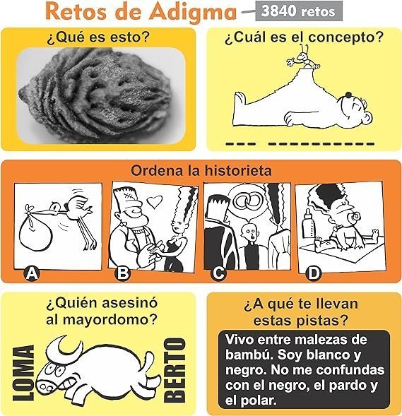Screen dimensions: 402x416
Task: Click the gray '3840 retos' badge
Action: pyautogui.click(x=299, y=11)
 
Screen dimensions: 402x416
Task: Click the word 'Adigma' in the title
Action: pyautogui.click(x=194, y=12)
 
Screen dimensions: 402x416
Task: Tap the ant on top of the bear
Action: pyautogui.click(x=303, y=58)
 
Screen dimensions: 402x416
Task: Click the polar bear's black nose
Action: pyautogui.click(x=348, y=95)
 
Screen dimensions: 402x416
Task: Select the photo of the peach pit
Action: pyautogui.click(x=101, y=96)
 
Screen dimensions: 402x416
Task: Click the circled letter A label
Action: pyautogui.click(x=31, y=274)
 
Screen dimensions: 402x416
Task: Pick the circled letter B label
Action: pyautogui.click(x=123, y=273)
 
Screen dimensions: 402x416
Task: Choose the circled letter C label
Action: pyautogui.click(x=218, y=273)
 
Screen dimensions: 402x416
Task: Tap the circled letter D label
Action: pyautogui.click(x=313, y=273)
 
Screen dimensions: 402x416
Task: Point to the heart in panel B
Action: pyautogui.click(x=155, y=201)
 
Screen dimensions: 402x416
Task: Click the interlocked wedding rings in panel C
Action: pyautogui.click(x=247, y=201)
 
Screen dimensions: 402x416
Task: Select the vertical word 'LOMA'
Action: pyautogui.click(x=23, y=373)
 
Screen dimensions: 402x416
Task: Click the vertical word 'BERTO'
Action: pyautogui.click(x=175, y=370)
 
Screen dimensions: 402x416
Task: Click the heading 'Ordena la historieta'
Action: pyautogui.click(x=201, y=170)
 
